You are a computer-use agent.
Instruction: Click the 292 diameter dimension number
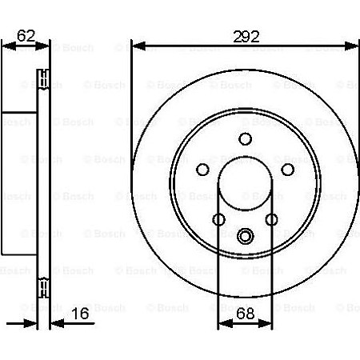pyautogui.click(x=244, y=35)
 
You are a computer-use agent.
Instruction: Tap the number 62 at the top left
pyautogui.click(x=27, y=35)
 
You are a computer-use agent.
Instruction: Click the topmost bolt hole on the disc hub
pyautogui.click(x=245, y=138)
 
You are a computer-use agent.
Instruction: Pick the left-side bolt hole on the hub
pyautogui.click(x=202, y=169)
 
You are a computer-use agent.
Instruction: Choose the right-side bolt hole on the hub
pyautogui.click(x=286, y=169)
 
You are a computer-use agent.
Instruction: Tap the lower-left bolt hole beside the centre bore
pyautogui.click(x=218, y=219)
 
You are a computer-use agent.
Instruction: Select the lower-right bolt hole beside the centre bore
pyautogui.click(x=271, y=219)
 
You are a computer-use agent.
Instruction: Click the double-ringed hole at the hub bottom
pyautogui.click(x=245, y=235)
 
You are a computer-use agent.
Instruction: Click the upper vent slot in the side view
pyautogui.click(x=43, y=80)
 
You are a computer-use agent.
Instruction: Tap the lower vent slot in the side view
pyautogui.click(x=43, y=286)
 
